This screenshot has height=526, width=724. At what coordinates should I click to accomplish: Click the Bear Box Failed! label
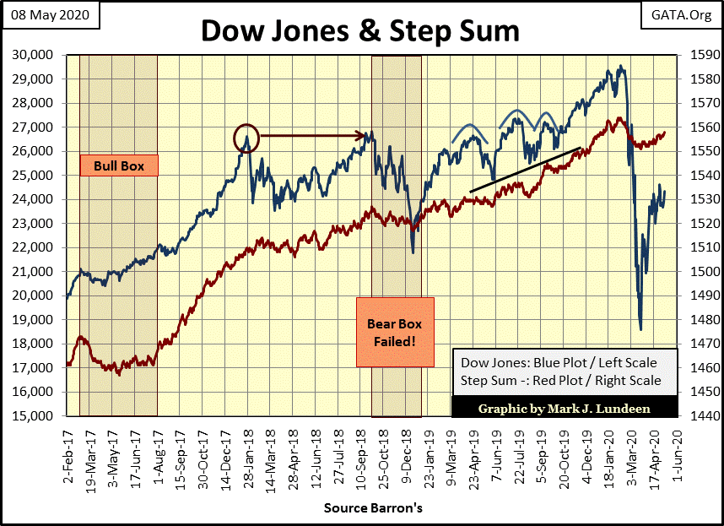tap(394, 332)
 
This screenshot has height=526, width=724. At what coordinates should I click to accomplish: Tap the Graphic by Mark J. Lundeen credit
tap(564, 409)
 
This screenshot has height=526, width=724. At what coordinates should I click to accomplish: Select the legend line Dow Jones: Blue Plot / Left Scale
tap(558, 362)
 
